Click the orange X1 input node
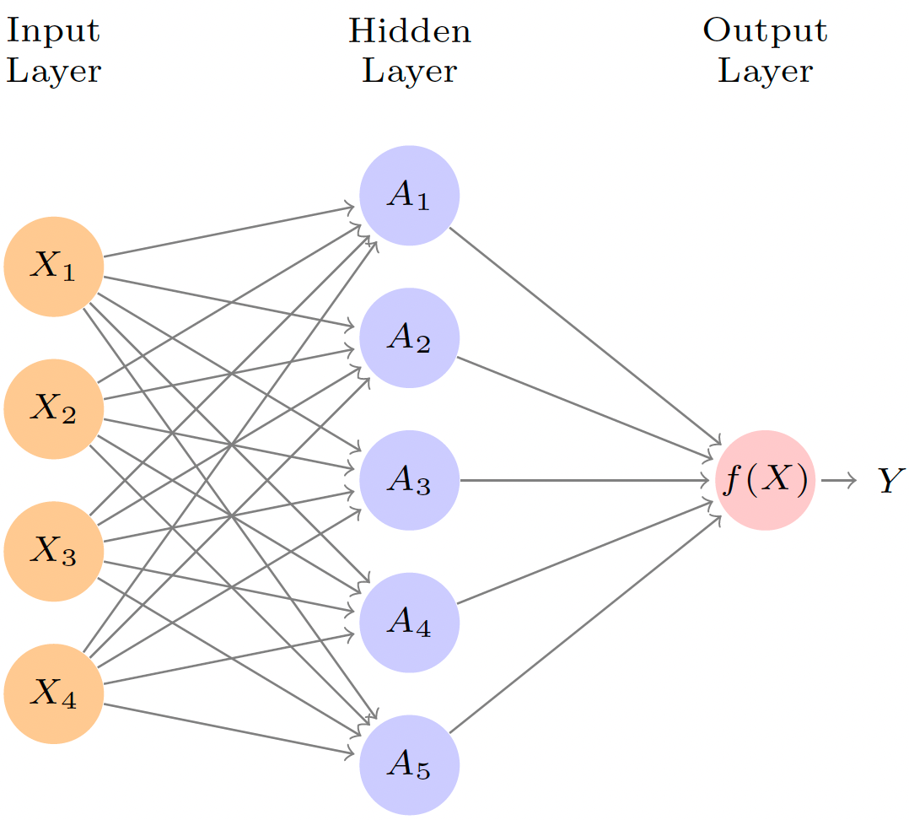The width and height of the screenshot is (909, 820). pos(54,267)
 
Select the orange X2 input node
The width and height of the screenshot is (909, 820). pos(54,409)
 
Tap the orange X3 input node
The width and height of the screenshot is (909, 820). pos(54,552)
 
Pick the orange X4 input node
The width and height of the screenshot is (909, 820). pos(54,693)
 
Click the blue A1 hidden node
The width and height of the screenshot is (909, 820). pos(410,196)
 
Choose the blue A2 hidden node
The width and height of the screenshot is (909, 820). pos(410,338)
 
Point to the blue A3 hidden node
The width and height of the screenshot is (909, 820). pos(410,481)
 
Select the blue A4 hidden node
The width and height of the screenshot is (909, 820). pos(410,623)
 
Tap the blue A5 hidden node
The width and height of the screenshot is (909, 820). pos(410,765)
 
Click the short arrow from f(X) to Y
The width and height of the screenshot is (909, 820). pos(838,481)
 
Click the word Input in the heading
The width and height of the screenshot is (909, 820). pos(53,32)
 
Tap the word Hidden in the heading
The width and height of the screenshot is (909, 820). pos(410,32)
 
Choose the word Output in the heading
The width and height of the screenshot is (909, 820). pos(765,32)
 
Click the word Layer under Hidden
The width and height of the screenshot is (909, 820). pos(410,72)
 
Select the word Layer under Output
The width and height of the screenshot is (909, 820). pos(765,72)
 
